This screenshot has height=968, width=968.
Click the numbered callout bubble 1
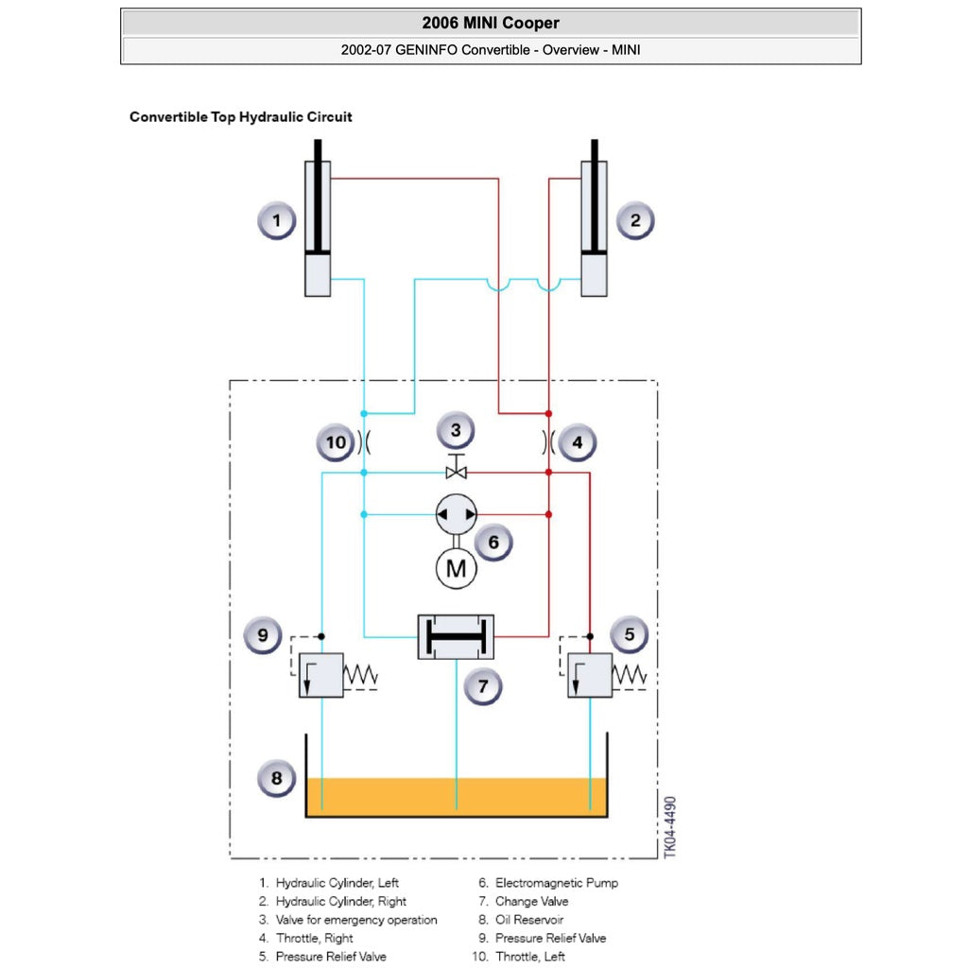click(276, 222)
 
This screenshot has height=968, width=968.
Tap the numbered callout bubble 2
click(635, 222)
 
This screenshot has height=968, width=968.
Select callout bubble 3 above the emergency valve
click(456, 431)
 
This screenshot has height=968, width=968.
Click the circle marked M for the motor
click(456, 568)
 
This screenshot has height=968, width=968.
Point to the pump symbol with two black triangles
click(456, 514)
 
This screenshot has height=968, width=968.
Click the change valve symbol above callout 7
click(456, 637)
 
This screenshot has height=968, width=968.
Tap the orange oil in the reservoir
click(456, 797)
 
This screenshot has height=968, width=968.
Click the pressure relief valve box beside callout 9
click(321, 675)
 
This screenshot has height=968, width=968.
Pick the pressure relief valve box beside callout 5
click(590, 675)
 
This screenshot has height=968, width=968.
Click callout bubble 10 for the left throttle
click(336, 442)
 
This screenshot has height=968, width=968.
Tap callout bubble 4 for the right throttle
click(578, 441)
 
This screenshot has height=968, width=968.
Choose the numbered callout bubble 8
click(276, 779)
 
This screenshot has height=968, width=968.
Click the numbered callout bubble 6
click(493, 543)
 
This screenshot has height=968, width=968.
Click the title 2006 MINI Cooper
click(491, 23)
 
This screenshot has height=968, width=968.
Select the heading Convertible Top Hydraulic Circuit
click(240, 117)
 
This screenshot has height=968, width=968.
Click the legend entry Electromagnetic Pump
click(556, 883)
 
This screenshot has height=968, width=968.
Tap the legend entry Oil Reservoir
click(528, 920)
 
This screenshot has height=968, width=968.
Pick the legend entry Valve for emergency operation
click(355, 920)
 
